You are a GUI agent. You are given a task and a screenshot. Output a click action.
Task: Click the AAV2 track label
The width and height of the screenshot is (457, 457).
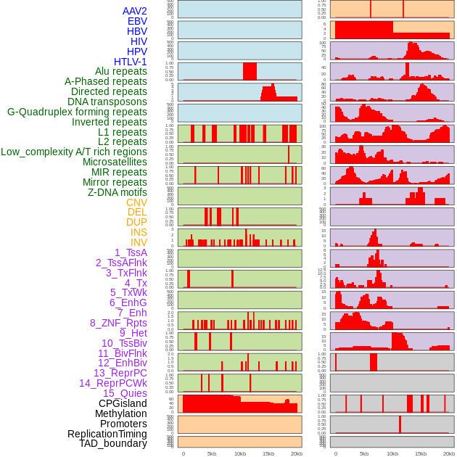click(134, 11)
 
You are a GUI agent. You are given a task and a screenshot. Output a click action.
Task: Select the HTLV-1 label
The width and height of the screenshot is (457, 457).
click(130, 62)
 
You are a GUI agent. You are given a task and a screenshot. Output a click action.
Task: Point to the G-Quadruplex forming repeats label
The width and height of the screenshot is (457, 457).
click(77, 112)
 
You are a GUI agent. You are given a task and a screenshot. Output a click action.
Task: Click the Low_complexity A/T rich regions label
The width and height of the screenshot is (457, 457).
click(74, 152)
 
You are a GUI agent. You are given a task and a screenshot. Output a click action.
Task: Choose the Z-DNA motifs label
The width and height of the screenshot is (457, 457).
click(117, 192)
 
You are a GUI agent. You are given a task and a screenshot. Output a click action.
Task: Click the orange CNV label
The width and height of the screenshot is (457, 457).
click(136, 202)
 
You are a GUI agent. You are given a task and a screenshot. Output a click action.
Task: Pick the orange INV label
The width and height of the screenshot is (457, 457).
click(139, 242)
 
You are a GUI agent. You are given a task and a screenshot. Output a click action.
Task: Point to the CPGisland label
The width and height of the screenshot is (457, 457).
click(123, 403)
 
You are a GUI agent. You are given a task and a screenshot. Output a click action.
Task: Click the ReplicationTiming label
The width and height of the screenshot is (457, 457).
click(107, 434)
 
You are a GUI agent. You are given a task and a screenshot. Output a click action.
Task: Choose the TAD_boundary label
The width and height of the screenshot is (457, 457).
click(112, 443)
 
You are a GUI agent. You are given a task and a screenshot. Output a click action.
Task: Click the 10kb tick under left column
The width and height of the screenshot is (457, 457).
click(239, 454)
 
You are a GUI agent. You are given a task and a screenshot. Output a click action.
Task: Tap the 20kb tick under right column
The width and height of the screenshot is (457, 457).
click(449, 454)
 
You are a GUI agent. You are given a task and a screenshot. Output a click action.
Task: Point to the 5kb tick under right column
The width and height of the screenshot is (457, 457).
click(363, 454)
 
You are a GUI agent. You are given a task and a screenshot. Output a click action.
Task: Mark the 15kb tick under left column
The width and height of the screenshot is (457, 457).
click(268, 454)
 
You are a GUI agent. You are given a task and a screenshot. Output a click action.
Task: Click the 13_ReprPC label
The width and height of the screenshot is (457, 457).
click(120, 373)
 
